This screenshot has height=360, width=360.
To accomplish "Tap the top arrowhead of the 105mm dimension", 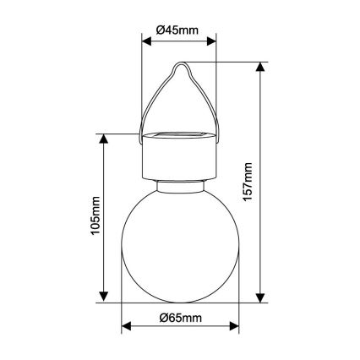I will tap(104, 138).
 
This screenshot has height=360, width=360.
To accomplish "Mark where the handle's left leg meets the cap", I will tap(141, 139).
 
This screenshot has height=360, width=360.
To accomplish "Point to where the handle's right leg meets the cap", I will tap(217, 139).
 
